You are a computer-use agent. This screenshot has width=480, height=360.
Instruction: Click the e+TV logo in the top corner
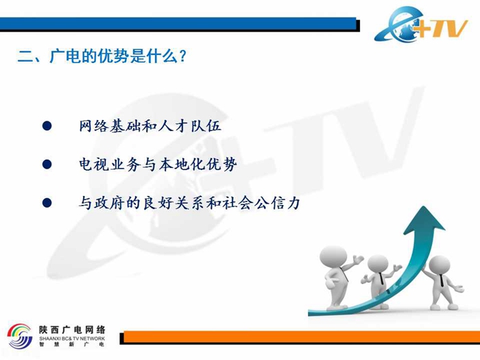click(x=421, y=24)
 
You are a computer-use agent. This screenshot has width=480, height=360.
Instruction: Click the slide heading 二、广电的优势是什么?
click(x=102, y=56)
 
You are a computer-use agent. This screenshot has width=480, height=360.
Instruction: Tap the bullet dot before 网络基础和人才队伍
click(x=47, y=125)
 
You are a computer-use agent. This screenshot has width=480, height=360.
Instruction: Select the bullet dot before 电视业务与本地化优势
click(x=47, y=165)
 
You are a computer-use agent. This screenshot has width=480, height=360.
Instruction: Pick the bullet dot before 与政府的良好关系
click(x=47, y=203)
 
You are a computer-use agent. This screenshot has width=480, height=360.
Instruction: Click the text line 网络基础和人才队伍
click(x=149, y=125)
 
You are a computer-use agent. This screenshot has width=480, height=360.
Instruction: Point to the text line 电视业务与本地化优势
click(x=158, y=165)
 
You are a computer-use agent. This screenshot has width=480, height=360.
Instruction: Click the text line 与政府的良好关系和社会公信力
click(x=189, y=203)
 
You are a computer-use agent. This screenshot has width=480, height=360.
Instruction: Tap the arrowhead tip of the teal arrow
click(x=424, y=206)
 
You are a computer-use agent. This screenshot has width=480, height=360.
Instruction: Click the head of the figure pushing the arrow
click(x=440, y=266)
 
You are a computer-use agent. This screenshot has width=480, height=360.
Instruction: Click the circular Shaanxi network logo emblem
click(x=20, y=336)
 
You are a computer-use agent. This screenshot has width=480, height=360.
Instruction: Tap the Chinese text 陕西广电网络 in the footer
click(x=72, y=330)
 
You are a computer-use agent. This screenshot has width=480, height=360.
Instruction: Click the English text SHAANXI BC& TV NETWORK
click(x=72, y=338)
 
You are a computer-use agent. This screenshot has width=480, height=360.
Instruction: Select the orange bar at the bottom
click(x=302, y=337)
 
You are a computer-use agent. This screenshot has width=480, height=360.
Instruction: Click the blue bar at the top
click(x=178, y=23)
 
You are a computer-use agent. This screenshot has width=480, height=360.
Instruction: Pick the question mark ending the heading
click(x=183, y=56)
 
